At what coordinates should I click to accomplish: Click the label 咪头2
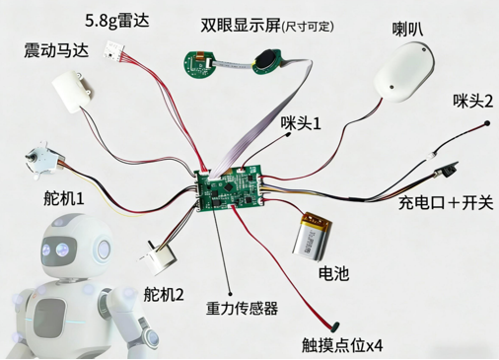point(472,100)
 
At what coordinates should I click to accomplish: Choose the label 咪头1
point(302,124)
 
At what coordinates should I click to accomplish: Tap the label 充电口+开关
point(446,204)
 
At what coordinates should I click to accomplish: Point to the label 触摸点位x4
point(342,345)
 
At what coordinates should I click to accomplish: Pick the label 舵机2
point(164,293)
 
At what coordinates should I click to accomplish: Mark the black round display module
point(268,60)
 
